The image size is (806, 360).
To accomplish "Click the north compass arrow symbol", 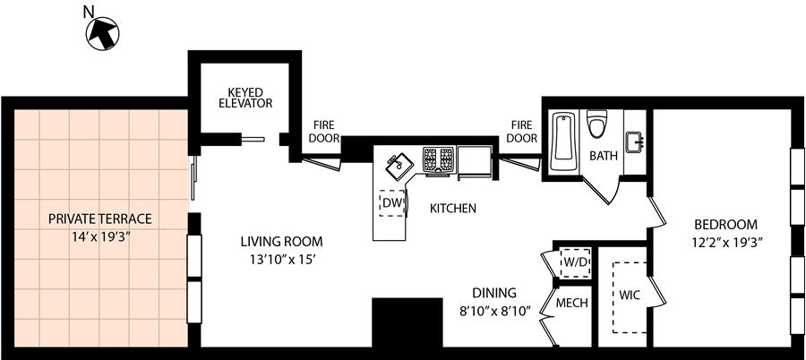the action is tap(102, 33).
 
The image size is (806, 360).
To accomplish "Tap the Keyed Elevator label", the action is tap(245, 98).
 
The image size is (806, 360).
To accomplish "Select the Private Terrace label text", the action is tap(100, 219).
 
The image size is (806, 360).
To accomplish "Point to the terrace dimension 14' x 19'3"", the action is tap(100, 238).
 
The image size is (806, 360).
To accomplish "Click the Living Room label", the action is tap(282, 241).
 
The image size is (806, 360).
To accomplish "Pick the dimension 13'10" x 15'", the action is tap(282, 261).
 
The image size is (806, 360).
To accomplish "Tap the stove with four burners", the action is tap(439, 160).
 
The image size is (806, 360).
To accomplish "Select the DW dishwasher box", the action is tap(392, 202).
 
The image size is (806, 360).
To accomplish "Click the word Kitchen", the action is tap(453, 209).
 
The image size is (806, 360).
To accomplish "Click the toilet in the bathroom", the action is tap(597, 124).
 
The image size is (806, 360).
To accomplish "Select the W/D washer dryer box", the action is tap(575, 262).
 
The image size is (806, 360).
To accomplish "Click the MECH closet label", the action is tap(572, 304).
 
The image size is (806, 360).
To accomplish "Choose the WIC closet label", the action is tap(630, 296).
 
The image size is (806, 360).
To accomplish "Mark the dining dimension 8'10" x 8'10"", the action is tap(494, 312).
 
